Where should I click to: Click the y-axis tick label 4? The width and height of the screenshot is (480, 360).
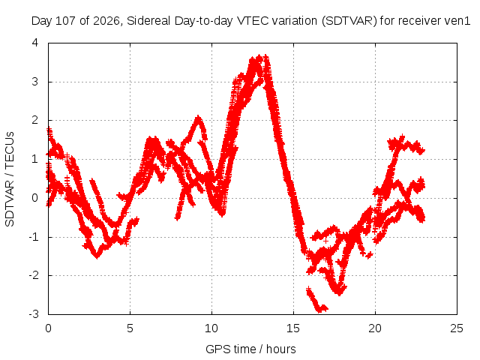click(x=35, y=43)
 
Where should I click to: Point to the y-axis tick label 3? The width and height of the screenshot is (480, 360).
click(x=35, y=82)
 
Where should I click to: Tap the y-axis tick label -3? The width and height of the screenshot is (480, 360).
click(x=33, y=314)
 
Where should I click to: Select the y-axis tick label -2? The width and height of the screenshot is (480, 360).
click(x=33, y=275)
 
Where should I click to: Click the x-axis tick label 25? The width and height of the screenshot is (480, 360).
click(x=457, y=328)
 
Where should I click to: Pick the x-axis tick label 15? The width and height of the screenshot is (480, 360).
click(x=293, y=328)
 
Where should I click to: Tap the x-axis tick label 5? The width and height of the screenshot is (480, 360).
click(x=130, y=328)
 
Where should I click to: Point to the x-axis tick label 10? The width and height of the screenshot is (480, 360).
click(x=211, y=328)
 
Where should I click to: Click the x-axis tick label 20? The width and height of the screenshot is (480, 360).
click(x=375, y=328)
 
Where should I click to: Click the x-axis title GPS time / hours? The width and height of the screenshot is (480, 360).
click(x=250, y=349)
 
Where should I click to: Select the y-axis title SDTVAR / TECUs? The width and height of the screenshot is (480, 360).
click(x=10, y=179)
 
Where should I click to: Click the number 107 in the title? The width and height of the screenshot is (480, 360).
click(x=66, y=21)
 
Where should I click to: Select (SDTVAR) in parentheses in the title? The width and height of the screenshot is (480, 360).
click(x=349, y=21)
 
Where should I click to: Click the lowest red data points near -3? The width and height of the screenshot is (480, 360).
click(x=320, y=310)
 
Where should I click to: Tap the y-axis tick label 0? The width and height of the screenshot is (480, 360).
click(x=35, y=198)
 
